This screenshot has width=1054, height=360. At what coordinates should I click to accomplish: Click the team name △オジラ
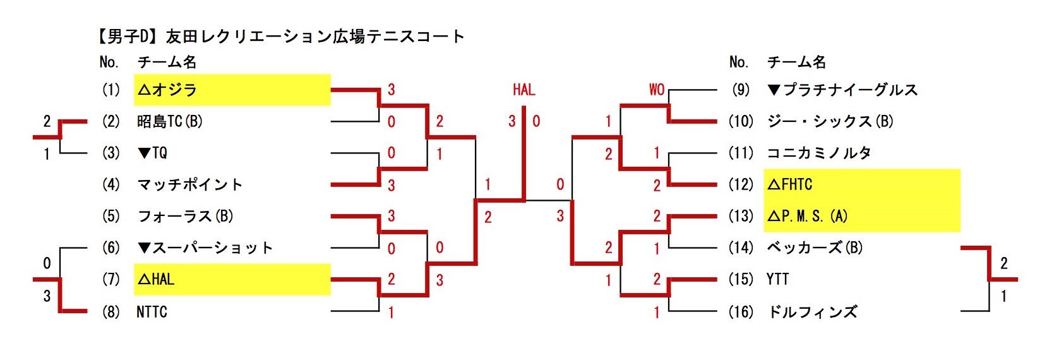(x=168, y=90)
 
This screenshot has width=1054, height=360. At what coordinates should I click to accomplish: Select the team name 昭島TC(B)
(x=169, y=121)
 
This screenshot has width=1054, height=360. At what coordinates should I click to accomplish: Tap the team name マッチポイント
(x=189, y=184)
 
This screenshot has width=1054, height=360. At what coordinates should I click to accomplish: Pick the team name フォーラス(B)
(x=185, y=216)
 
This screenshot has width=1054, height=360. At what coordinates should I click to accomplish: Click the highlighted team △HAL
(x=155, y=279)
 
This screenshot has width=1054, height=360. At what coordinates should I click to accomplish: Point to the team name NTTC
(x=152, y=312)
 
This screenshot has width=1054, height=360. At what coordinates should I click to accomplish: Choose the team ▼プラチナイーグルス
(x=842, y=90)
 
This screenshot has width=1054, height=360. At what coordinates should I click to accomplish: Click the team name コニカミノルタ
(x=818, y=153)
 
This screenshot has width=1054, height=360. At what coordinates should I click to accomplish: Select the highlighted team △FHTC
(x=790, y=184)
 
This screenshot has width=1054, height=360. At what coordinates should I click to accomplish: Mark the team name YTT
(x=777, y=279)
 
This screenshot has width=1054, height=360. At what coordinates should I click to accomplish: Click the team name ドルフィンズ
(x=812, y=312)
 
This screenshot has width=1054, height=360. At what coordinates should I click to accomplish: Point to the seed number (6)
(x=111, y=248)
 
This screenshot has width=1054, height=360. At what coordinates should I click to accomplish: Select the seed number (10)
(x=741, y=121)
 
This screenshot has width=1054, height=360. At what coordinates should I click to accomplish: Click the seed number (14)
(x=741, y=248)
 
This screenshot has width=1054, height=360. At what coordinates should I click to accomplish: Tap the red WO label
(x=657, y=90)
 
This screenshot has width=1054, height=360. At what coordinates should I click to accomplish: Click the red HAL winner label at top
(x=524, y=90)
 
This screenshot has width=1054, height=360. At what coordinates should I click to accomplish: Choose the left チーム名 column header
(x=167, y=62)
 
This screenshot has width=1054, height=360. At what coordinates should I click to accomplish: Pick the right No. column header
(x=738, y=62)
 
